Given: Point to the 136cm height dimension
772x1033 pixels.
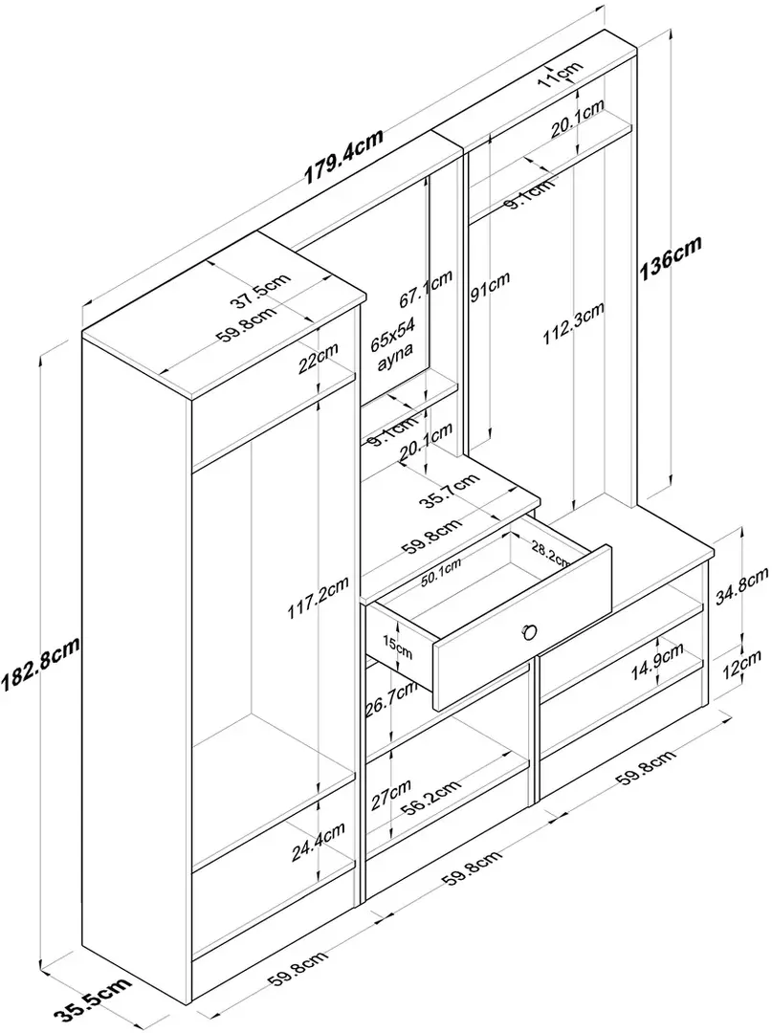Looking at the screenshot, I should coord(670,258).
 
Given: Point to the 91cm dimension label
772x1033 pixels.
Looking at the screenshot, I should coord(490,288).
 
